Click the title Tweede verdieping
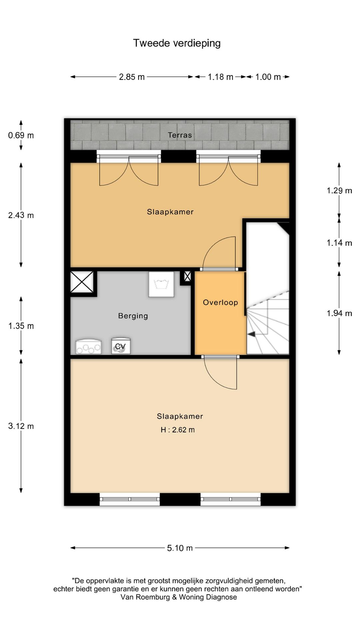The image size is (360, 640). click(177, 43)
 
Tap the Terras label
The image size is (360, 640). click(180, 135)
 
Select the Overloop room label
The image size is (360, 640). click(220, 302)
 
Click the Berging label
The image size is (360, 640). click(133, 316)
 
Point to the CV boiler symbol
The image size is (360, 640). click(121, 347)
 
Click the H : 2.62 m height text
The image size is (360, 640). click(178, 430)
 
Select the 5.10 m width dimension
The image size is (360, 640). click(180, 548)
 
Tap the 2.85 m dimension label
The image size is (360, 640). click(132, 77)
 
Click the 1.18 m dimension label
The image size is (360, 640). click(221, 77)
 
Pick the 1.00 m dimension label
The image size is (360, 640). click(268, 77)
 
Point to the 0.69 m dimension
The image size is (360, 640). click(21, 135)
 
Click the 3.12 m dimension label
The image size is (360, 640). click(21, 426)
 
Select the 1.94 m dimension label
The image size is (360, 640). click(339, 313)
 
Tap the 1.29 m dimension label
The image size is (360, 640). click(339, 191)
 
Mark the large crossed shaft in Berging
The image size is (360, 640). click(82, 282)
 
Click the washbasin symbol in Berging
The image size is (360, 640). click(161, 284)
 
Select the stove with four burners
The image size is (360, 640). click(88, 347)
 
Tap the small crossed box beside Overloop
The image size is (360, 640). click(187, 276)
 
